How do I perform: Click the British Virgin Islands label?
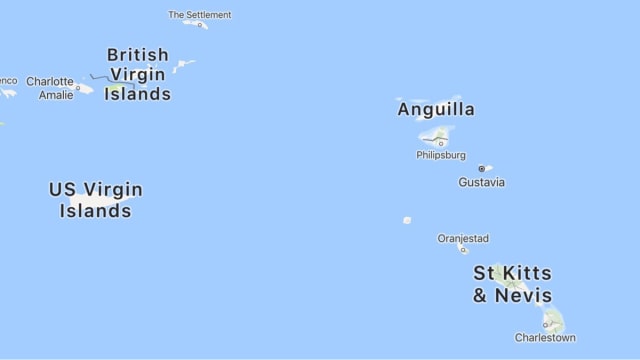[138, 74]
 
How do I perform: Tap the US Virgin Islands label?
[96, 199]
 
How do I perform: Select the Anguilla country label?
[436, 110]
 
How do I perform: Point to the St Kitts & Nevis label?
[512, 284]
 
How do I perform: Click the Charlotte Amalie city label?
[49, 88]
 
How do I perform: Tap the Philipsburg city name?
[441, 155]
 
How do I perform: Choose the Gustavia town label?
[481, 182]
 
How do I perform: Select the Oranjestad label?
[463, 238]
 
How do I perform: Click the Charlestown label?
[545, 338]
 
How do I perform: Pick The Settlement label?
[199, 15]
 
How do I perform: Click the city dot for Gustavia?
[481, 169]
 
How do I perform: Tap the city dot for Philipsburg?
[441, 143]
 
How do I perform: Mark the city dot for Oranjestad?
[462, 249]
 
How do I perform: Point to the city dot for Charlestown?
[546, 325]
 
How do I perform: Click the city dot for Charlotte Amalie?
[78, 88]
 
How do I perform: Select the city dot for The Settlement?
[199, 25]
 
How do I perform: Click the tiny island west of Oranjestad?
[407, 220]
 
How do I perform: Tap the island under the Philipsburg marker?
[437, 135]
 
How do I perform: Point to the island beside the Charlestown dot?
[553, 319]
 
